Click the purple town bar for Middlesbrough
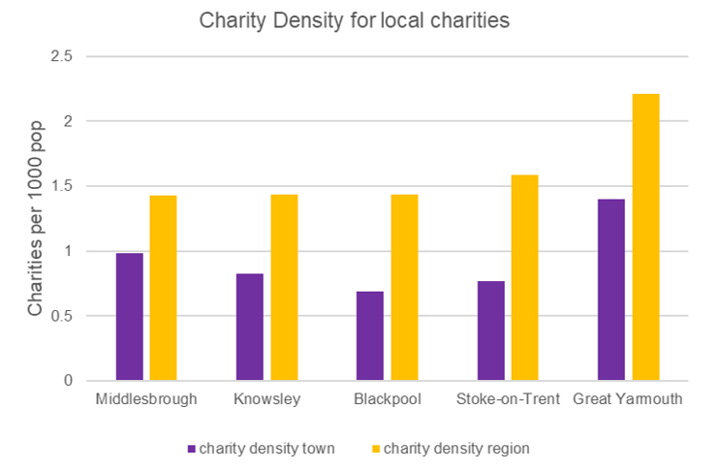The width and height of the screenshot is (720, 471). click(x=129, y=317)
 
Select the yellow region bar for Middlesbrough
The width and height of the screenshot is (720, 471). click(x=163, y=288)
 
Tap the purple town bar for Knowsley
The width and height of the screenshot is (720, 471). click(x=249, y=327)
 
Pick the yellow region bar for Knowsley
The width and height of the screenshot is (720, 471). click(x=284, y=288)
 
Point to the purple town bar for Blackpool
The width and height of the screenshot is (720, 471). click(x=370, y=335)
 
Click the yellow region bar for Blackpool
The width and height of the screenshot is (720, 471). click(x=404, y=288)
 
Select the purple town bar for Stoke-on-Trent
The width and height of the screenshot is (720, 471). click(x=490, y=330)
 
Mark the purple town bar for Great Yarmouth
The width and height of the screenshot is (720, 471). click(x=611, y=290)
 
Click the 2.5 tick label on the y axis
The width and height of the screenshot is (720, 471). click(x=61, y=56)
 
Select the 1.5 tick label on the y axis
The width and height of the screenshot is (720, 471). click(x=61, y=186)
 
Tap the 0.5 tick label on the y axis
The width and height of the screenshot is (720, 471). click(x=61, y=316)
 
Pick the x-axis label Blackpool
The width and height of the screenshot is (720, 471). click(x=388, y=399)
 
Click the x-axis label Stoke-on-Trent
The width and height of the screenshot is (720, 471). click(x=508, y=399)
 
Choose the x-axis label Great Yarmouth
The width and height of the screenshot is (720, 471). click(x=628, y=399)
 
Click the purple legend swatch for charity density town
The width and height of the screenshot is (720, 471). click(x=191, y=449)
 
